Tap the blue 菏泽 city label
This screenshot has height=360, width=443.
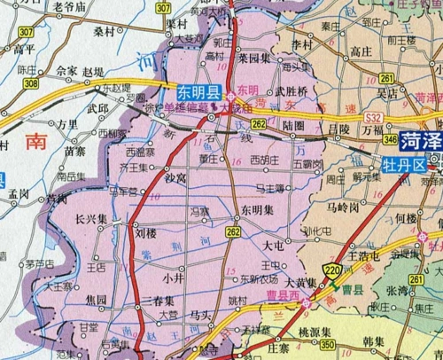point(419,141)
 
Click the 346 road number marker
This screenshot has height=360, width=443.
point(390,139)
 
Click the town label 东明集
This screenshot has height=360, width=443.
point(255,209)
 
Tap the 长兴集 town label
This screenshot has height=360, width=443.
point(91,219)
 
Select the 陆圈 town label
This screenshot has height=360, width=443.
point(295,127)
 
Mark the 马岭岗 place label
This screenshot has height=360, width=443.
point(340,207)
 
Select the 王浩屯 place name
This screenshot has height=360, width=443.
point(364,255)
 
